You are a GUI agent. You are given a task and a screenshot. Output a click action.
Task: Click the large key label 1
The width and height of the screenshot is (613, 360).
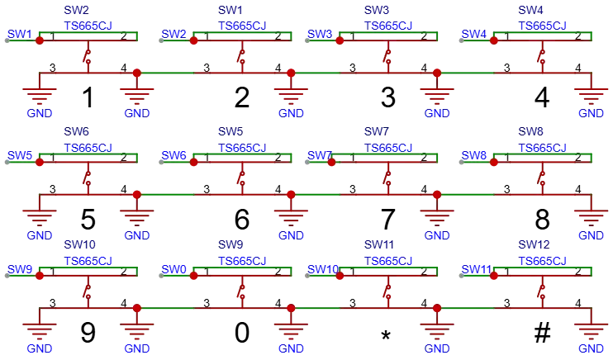88,97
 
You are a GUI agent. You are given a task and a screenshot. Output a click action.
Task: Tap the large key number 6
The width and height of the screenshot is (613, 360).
242,220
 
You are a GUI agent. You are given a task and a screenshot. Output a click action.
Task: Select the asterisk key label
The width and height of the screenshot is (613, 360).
386,335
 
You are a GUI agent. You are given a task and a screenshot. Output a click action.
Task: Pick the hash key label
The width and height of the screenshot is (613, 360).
542,333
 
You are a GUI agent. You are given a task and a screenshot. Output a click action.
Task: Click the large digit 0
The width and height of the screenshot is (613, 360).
242,333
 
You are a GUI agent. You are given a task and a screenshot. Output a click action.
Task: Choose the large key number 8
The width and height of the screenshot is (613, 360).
542,220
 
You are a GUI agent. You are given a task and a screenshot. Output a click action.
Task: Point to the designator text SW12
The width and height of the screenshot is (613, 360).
534,244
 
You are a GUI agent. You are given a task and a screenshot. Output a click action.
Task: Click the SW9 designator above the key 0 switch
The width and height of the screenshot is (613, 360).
230,244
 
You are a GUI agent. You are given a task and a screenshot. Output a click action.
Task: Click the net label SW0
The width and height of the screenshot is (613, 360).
174,269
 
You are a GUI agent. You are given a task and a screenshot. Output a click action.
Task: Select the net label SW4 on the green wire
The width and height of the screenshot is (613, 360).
474,34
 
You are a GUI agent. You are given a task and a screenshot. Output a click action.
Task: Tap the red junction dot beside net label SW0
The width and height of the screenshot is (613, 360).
193,276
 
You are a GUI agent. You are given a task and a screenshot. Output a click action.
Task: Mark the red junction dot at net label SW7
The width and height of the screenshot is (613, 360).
331,162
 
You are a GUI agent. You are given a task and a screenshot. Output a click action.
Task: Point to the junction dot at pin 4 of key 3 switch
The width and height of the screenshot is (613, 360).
437,73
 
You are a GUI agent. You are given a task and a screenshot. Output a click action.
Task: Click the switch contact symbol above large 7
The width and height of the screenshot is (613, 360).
387,177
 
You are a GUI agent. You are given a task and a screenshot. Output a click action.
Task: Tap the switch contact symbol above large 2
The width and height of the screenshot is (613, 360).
241,56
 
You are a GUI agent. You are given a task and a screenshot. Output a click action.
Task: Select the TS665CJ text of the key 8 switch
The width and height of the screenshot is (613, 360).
542,148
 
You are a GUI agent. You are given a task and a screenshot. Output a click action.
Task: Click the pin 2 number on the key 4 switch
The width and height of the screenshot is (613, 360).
577,36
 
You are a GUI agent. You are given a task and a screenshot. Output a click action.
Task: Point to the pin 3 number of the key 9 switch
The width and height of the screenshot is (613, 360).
53,303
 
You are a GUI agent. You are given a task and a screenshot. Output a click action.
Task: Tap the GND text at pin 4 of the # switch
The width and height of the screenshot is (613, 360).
592,348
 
